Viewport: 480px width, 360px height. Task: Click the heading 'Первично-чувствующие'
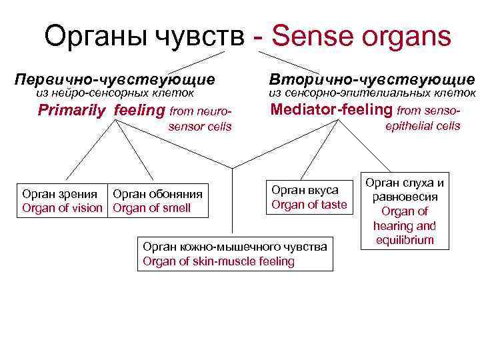coord(115,79)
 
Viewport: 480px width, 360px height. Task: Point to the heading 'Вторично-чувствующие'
coord(372,79)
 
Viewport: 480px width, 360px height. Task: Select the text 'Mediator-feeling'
coord(332,109)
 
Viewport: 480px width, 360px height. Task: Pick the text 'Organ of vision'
coord(63,208)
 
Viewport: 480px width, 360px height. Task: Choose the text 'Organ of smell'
coord(152,208)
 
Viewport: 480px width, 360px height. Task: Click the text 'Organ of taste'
coord(309,205)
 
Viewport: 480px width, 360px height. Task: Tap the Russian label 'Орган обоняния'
coord(158,194)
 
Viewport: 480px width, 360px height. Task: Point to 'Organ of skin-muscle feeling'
coord(219,261)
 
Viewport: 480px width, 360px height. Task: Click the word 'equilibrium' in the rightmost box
coord(403,240)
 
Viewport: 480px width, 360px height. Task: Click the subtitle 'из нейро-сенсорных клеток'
coord(114,94)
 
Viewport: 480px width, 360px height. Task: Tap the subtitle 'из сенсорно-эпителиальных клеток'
coord(372,94)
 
